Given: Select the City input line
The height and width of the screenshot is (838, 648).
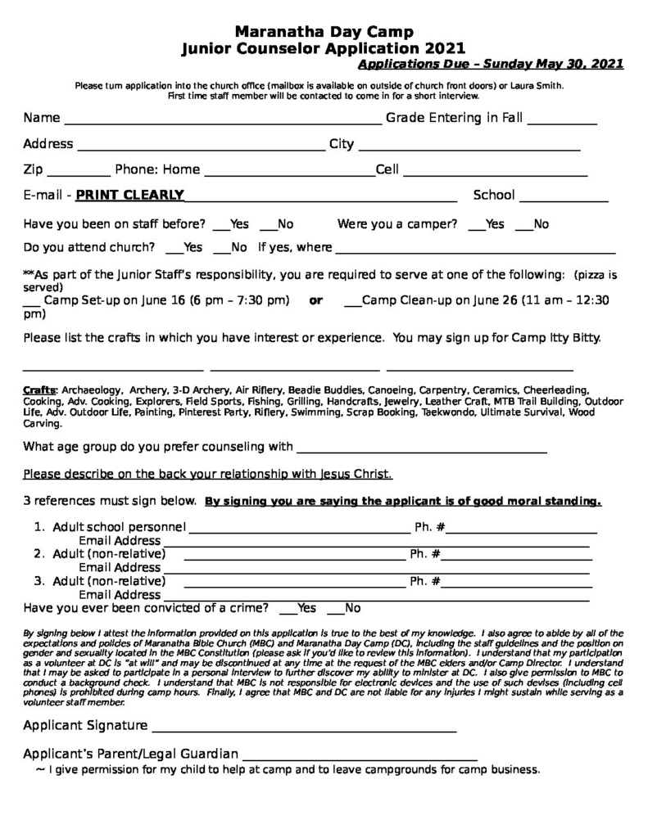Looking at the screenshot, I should click(x=469, y=149).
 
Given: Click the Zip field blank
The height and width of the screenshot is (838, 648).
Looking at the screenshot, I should click(x=79, y=174).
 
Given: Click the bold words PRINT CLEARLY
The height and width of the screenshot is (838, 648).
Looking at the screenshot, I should click(x=129, y=195).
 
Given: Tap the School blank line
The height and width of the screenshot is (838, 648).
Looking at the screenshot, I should click(x=564, y=199).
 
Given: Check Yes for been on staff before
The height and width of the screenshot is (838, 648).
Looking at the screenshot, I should click(x=220, y=228).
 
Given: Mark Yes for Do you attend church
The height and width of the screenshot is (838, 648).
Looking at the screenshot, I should click(x=174, y=252).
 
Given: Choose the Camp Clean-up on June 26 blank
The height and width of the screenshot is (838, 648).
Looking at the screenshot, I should click(x=352, y=304).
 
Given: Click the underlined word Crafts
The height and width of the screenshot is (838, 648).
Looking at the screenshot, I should click(x=39, y=390).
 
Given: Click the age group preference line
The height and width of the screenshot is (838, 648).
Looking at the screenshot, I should click(x=420, y=451).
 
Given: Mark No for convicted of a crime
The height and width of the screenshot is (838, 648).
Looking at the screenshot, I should click(x=335, y=613).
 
